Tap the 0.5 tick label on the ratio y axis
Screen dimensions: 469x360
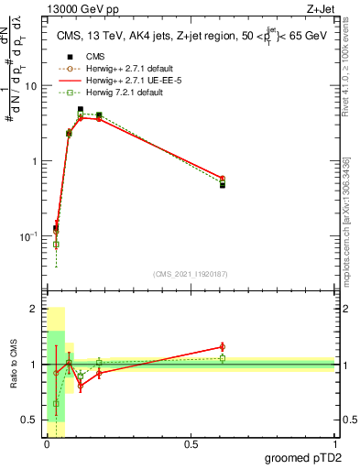30,420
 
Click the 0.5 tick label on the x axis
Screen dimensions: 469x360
191,444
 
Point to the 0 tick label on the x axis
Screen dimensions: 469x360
47,444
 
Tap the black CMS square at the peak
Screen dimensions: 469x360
81,110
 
